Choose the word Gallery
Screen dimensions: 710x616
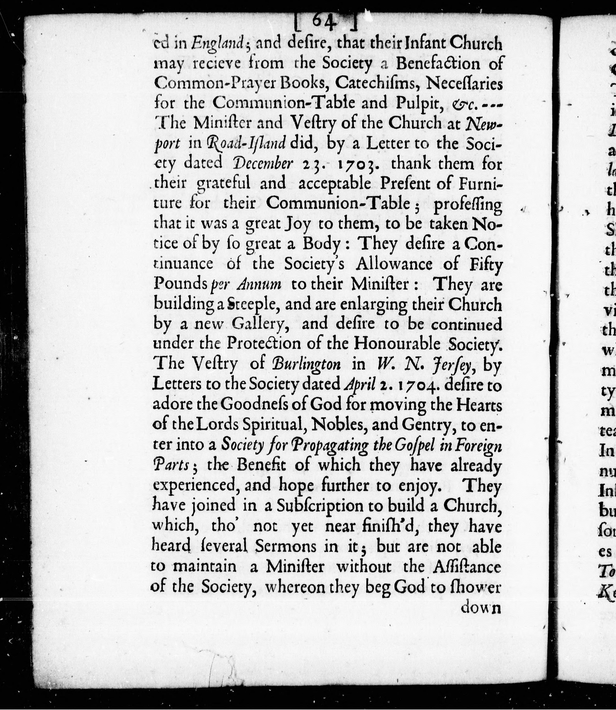point(258,324)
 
